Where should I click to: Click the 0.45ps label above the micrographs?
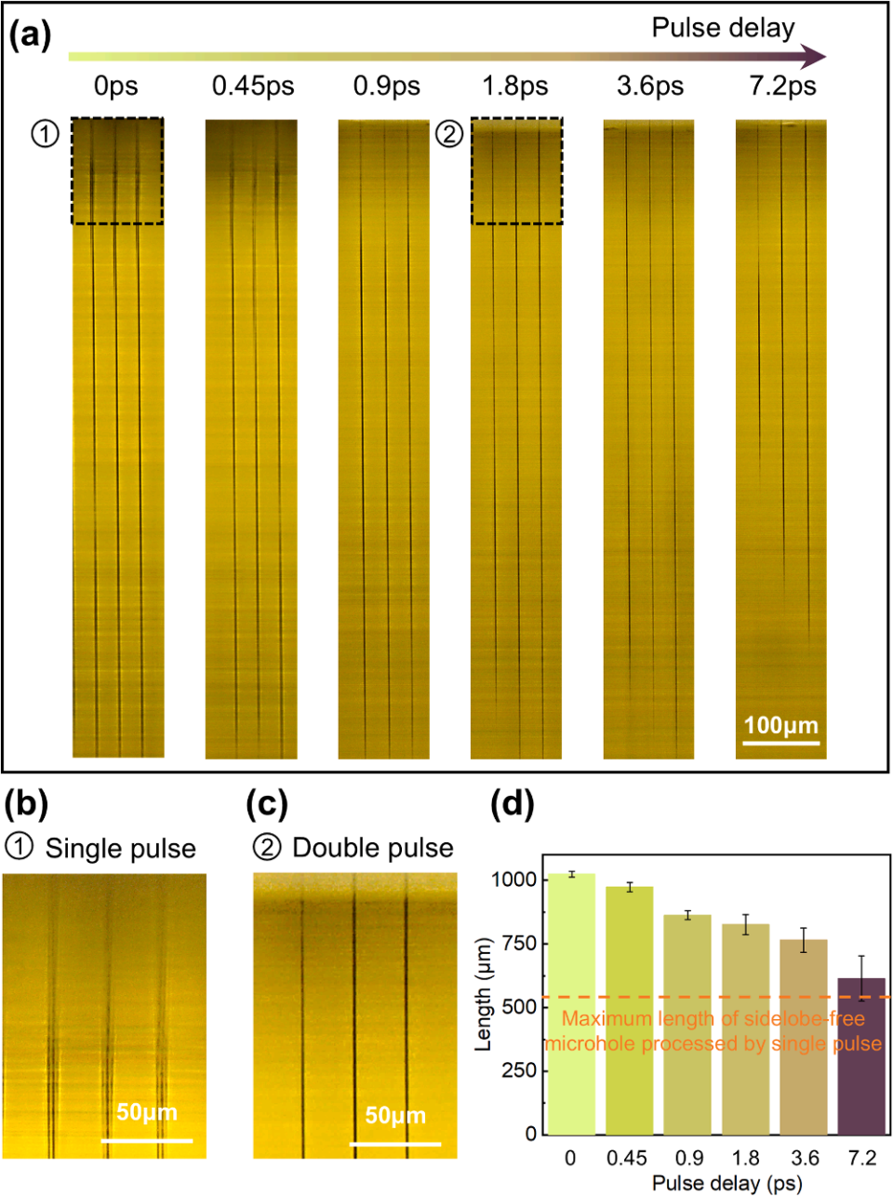click(253, 87)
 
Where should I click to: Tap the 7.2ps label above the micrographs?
click(782, 87)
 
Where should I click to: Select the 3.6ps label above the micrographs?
click(650, 87)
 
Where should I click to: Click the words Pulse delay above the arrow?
click(723, 28)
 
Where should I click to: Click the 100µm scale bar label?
click(780, 725)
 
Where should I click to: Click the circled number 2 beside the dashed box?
click(449, 135)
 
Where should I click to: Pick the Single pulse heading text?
click(120, 849)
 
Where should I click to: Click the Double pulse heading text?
click(372, 848)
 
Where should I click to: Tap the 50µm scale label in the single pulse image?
click(146, 1112)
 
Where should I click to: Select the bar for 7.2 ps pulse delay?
click(862, 1055)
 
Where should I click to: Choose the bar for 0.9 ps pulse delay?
click(688, 1024)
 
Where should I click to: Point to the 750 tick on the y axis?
click(517, 944)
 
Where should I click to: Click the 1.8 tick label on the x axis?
click(746, 1158)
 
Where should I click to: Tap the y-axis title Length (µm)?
click(483, 1006)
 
